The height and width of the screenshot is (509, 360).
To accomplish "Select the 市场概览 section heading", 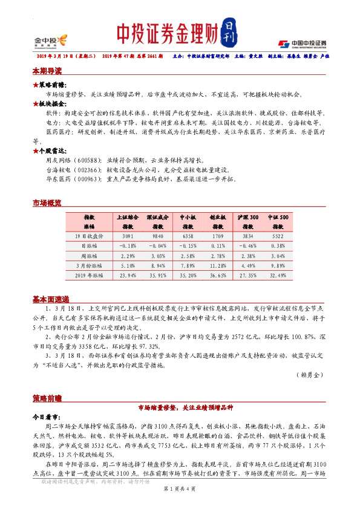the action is pyautogui.click(x=47, y=204).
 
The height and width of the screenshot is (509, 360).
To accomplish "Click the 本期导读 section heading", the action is pyautogui.click(x=47, y=71).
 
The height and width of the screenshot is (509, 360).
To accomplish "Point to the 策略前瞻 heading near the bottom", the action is pyautogui.click(x=47, y=399).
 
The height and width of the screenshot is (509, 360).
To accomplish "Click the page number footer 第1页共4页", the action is pyautogui.click(x=180, y=497).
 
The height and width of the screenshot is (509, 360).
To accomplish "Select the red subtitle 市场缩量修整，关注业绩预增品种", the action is pyautogui.click(x=180, y=407).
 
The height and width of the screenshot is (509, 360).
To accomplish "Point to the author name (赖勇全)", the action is pyautogui.click(x=310, y=375).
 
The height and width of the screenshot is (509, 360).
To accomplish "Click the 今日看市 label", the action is pyautogui.click(x=47, y=417).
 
